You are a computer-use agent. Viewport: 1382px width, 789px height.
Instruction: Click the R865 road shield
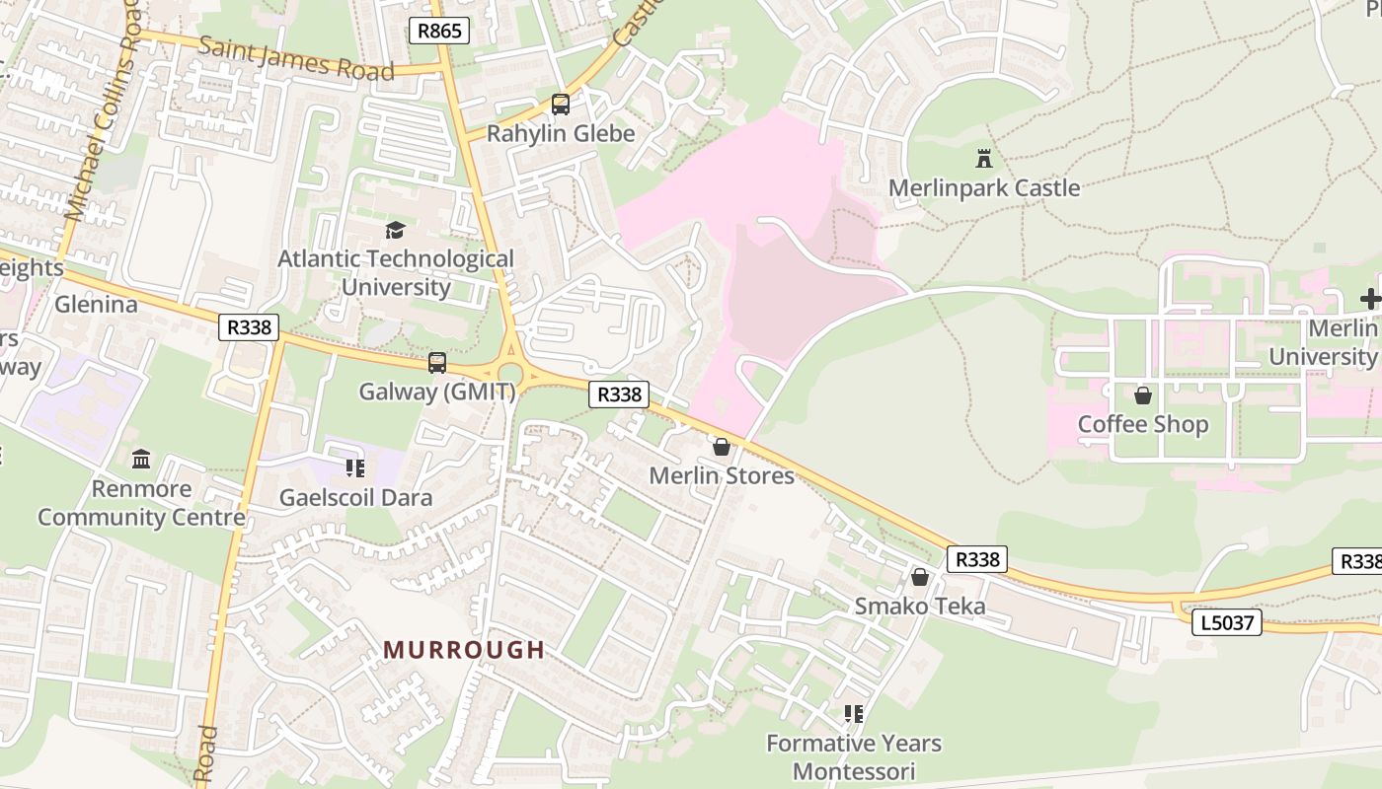(439, 31)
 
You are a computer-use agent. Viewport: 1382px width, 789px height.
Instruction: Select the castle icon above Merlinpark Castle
(983, 158)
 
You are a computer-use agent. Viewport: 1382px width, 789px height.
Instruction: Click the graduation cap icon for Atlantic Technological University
(395, 231)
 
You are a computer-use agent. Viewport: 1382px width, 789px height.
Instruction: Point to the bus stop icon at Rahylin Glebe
(560, 104)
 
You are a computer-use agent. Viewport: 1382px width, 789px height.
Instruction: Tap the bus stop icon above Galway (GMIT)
(437, 363)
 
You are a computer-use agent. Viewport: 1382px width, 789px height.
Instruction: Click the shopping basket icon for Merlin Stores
(722, 447)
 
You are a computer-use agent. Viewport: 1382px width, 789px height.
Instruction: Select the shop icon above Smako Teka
(920, 577)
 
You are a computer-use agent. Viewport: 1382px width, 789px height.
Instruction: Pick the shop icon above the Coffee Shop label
(1142, 395)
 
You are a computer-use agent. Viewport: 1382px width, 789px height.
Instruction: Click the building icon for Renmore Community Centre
(140, 460)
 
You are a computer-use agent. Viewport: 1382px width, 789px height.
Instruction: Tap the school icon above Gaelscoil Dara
(355, 467)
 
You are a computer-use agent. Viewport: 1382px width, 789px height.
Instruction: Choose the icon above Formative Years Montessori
(854, 713)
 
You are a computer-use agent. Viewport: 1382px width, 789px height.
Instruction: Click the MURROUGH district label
(464, 650)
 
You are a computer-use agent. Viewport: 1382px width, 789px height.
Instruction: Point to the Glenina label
(96, 304)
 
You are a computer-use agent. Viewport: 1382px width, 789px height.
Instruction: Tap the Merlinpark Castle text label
(983, 188)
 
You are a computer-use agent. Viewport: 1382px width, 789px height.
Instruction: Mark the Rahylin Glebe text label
(561, 133)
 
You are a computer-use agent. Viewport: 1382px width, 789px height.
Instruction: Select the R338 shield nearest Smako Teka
(977, 559)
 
